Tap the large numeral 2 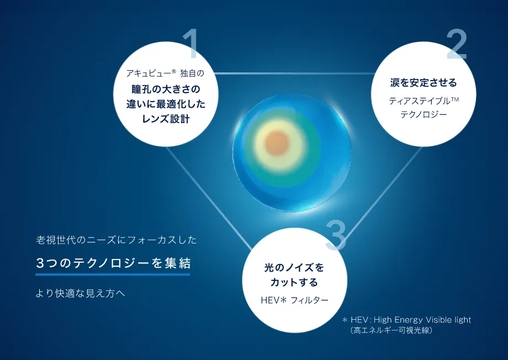(x=457, y=44)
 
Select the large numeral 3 (x=336, y=234)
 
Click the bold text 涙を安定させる (x=424, y=83)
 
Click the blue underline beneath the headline (x=113, y=274)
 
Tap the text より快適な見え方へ (x=81, y=293)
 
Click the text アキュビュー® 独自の (x=165, y=73)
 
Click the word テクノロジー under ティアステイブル (x=424, y=115)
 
